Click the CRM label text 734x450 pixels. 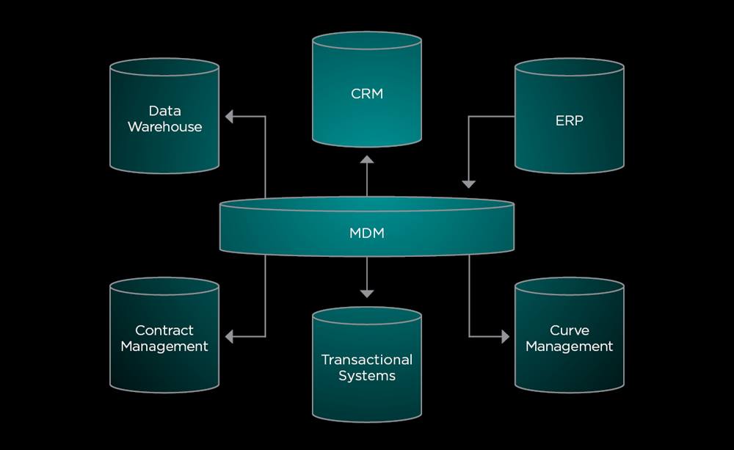pos(367,93)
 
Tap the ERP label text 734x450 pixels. pos(569,120)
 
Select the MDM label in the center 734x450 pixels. pos(367,233)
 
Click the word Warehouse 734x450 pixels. pos(164,127)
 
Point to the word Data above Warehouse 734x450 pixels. pos(164,111)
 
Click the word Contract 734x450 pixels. pos(164,330)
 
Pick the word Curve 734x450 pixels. pos(569,330)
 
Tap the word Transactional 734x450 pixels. pos(367,360)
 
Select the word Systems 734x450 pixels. pos(367,376)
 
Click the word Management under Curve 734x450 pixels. pos(569,346)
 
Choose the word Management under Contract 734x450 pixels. pos(164,346)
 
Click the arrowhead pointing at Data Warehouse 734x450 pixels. pos(229,116)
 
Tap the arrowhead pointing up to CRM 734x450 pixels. pos(367,160)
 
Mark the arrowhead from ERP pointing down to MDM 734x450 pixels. pos(469,184)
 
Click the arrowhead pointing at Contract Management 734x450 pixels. pos(229,336)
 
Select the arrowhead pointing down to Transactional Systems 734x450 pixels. pos(367,293)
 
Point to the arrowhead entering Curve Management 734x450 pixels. pos(504,336)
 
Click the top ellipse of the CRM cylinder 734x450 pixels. pos(367,41)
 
